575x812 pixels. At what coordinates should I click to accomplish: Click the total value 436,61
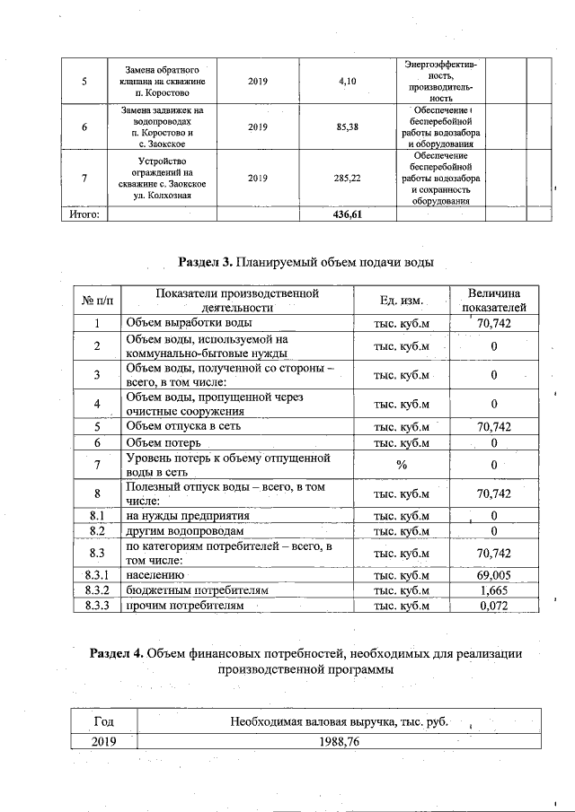pos(348,215)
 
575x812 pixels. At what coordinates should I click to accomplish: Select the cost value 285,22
pos(348,178)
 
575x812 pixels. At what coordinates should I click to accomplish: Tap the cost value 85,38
pos(348,127)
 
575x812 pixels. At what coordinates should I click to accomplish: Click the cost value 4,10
pos(348,81)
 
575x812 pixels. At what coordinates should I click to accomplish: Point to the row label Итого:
pos(84,215)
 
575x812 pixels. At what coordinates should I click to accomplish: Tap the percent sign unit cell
pos(402,464)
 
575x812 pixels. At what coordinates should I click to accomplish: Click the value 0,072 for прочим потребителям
pos(494,607)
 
